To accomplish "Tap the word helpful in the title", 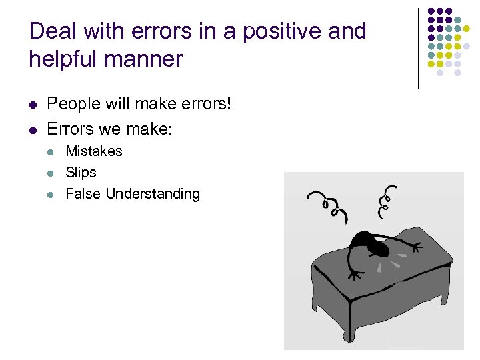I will (63, 59).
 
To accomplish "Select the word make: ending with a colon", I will (151, 127).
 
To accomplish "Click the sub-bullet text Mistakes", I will (94, 151).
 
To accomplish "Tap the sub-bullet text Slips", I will (81, 173).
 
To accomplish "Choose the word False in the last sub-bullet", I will (83, 194).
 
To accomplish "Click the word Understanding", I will (153, 194).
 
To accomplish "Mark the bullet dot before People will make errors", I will (33, 105).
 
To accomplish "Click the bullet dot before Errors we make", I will (33, 128).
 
